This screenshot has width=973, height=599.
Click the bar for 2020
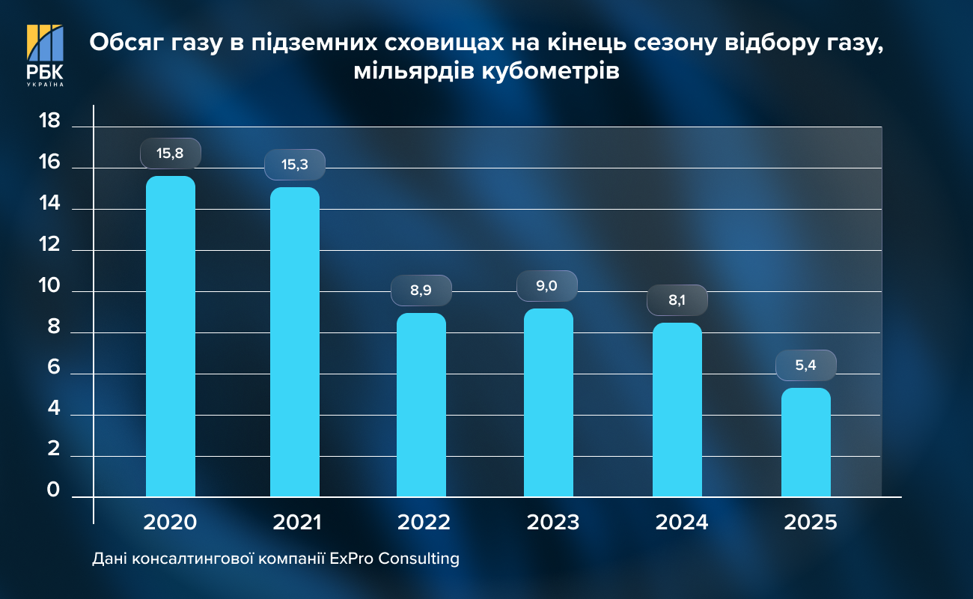(x=170, y=337)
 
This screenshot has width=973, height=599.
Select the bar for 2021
(x=294, y=342)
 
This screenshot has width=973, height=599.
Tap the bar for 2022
(x=421, y=405)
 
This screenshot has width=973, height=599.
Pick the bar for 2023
(x=548, y=403)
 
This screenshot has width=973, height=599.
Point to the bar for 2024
(x=677, y=410)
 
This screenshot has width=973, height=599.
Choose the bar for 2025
(x=805, y=443)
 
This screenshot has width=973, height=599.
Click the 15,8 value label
(x=170, y=153)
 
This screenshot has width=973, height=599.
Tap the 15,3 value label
(x=294, y=165)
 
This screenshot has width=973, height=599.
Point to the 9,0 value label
(x=547, y=285)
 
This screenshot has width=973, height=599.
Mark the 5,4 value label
(x=805, y=365)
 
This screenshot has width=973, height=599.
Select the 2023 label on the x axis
(x=552, y=522)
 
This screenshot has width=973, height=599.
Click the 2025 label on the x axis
(x=811, y=522)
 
